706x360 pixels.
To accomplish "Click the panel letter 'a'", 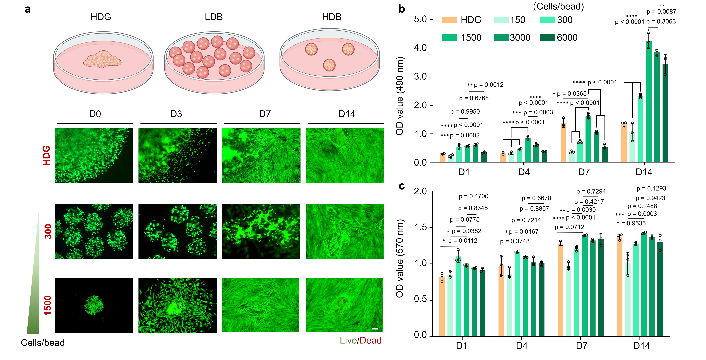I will [x=27, y=9].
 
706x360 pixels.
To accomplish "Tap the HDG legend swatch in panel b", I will [x=449, y=20].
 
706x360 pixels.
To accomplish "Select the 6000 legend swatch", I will [x=548, y=37].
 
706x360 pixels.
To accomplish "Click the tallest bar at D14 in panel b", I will [x=649, y=101].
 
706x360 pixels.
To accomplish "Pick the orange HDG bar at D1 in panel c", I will [x=442, y=307].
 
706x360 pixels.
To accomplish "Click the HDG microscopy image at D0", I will [x=94, y=155].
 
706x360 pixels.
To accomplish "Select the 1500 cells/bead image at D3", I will [x=177, y=305].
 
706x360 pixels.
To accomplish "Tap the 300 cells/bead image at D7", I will [x=261, y=231].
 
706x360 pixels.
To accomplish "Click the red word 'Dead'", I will [x=370, y=340].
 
